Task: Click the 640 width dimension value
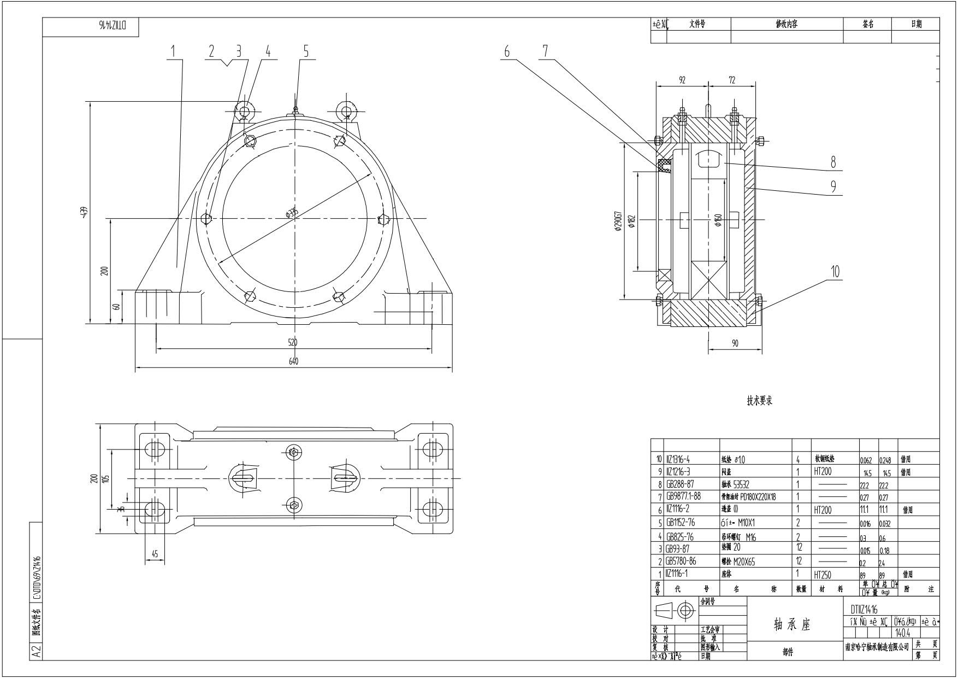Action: (293, 361)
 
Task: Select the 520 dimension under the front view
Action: (293, 343)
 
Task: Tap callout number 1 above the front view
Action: (173, 51)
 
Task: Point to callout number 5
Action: (306, 51)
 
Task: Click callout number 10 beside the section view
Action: (835, 272)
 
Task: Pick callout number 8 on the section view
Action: (833, 162)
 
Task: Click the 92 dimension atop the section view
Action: (682, 80)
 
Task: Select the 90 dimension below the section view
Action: (735, 343)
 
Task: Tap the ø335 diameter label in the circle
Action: (292, 213)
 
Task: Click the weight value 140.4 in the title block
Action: (903, 633)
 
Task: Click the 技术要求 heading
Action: (760, 401)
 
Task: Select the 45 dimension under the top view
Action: (155, 554)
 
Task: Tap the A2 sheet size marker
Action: (36, 652)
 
